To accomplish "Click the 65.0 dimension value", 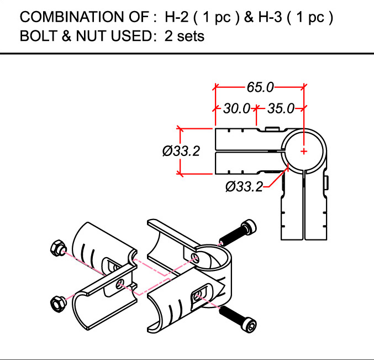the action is (260, 87).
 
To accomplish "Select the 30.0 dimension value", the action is (236, 108).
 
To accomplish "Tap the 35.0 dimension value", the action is (281, 108).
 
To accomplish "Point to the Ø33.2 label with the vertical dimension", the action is (181, 151).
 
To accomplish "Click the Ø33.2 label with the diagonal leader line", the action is (244, 186).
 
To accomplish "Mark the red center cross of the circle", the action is (304, 151).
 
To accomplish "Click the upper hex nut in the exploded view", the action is (57, 248).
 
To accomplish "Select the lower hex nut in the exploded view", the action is (58, 304).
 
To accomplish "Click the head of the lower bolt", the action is (249, 324).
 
